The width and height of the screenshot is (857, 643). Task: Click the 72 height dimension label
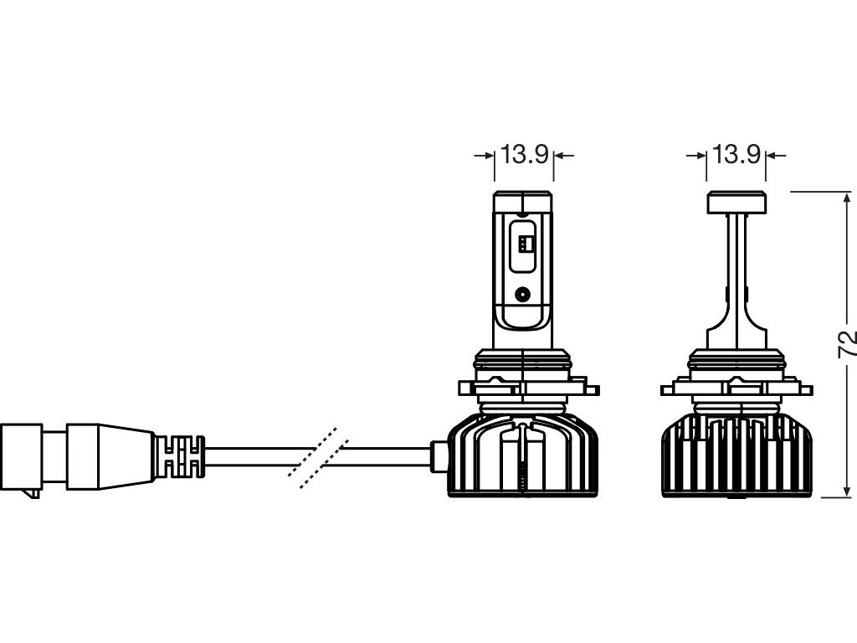click(847, 344)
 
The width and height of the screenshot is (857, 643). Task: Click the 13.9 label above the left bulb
click(524, 154)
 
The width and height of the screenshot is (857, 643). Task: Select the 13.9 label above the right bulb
click(736, 154)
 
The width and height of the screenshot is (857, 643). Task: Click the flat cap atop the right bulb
click(736, 202)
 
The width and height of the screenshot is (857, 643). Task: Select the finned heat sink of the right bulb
click(736, 456)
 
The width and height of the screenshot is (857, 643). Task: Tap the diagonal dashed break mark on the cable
click(313, 456)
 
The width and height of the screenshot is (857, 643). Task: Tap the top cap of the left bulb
click(523, 202)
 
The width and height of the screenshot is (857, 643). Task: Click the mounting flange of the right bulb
click(736, 390)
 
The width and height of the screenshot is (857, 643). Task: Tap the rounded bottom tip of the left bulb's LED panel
click(524, 322)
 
